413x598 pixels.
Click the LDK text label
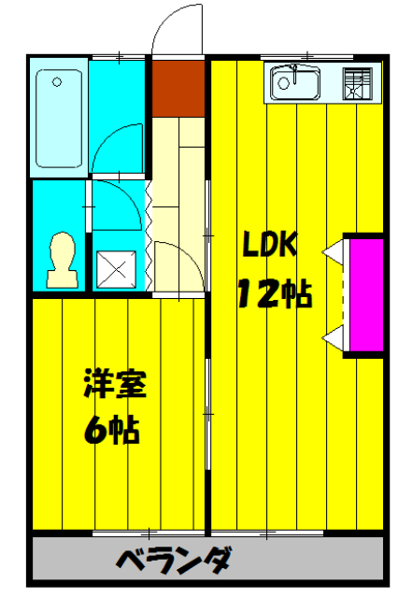pos(269,245)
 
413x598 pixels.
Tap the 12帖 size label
pos(273,294)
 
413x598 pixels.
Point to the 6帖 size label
pos(111,431)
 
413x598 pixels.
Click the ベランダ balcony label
pos(175,562)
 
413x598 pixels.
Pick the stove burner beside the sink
pos(356,85)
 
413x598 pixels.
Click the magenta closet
pos(363,294)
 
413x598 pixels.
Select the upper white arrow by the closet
pos(333,252)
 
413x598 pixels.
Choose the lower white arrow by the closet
pos(333,338)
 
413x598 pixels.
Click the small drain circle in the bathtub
pos(57,82)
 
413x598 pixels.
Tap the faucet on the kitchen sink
pos(294,70)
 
